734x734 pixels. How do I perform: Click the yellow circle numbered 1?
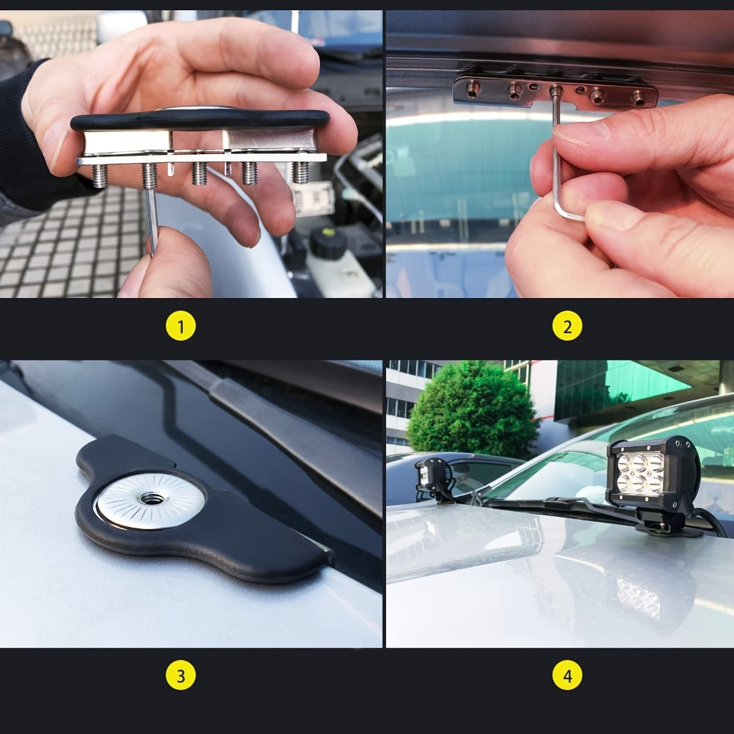(x=181, y=325)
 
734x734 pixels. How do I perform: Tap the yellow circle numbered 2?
(x=567, y=325)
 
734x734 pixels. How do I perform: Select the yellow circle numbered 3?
(x=181, y=675)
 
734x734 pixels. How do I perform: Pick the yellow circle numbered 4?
(x=567, y=675)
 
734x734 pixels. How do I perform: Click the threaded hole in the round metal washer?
(x=151, y=498)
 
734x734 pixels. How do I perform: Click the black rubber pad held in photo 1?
(x=200, y=120)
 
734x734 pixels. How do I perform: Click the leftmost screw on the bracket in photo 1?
(x=100, y=176)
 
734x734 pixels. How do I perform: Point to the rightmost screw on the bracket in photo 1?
(x=300, y=172)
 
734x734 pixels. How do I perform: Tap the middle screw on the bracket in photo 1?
(x=200, y=173)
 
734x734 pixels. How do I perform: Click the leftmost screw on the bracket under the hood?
(x=473, y=89)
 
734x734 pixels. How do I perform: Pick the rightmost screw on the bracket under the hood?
(x=639, y=98)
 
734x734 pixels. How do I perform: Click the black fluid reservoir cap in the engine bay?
(x=328, y=242)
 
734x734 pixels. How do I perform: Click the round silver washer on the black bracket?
(x=150, y=500)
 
